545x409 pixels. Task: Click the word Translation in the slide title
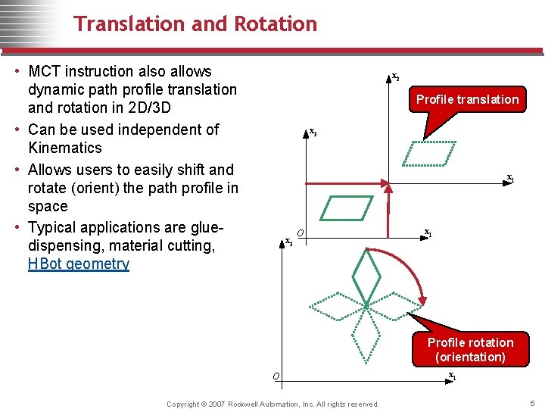(x=129, y=24)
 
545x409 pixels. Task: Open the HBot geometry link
(x=79, y=264)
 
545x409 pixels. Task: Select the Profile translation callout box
(x=467, y=99)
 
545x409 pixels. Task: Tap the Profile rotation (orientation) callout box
(x=470, y=349)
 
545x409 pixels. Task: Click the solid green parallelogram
(x=347, y=208)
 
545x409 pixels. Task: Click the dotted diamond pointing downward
(x=367, y=336)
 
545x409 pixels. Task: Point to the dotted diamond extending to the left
(x=335, y=305)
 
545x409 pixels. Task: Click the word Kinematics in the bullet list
(x=65, y=148)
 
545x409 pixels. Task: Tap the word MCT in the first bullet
(x=45, y=71)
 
